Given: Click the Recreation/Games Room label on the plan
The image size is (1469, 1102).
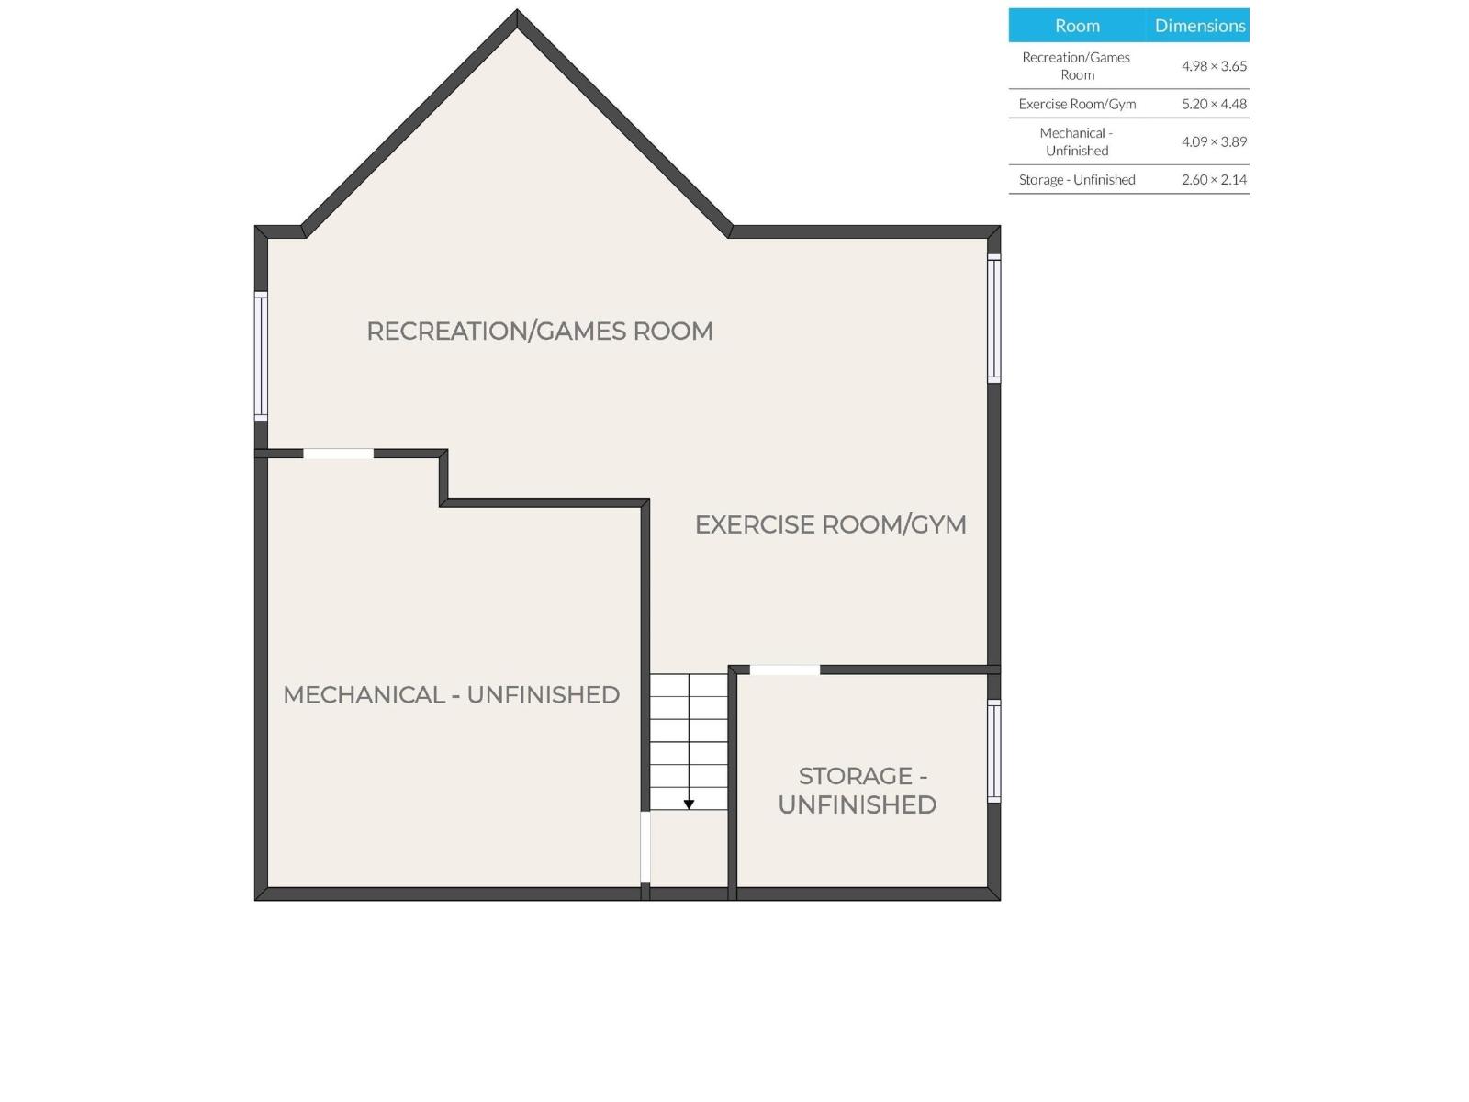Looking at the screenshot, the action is coord(540,332).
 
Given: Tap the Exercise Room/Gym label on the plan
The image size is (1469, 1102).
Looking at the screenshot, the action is coord(831,524).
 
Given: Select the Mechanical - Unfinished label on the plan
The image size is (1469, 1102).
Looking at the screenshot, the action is coord(451,694).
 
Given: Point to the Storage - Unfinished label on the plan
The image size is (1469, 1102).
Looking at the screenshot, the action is coord(858,790).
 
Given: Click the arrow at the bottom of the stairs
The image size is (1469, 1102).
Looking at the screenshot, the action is coord(689,804).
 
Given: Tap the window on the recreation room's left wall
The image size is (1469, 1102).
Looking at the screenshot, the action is coord(261,356).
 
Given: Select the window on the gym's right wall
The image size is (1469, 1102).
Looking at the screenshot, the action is coord(993,319).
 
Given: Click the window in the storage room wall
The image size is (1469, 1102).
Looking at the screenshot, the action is coord(993,750).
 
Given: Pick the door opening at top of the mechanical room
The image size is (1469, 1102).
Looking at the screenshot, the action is coord(338,454).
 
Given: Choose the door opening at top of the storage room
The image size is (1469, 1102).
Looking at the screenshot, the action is coord(784,669).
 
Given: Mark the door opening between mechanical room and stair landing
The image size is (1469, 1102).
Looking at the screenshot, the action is coord(645,847).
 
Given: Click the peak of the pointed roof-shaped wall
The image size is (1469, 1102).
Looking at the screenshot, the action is coord(517,10).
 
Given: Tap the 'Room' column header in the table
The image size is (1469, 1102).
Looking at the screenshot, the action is coord(1077,26).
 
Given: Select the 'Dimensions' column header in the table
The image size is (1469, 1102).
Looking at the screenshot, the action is coord(1200,26).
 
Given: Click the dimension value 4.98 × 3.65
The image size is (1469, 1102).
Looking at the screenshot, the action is coord(1214,65).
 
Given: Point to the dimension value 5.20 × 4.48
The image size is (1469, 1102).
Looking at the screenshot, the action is coord(1214,104).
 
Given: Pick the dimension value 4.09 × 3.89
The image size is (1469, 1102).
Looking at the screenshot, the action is coord(1214,141).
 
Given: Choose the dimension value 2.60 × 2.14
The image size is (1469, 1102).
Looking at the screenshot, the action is coord(1214,179).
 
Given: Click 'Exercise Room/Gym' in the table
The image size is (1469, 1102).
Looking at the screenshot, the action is coord(1077,104).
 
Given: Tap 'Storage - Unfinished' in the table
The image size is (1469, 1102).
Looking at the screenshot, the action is coord(1077,179).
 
